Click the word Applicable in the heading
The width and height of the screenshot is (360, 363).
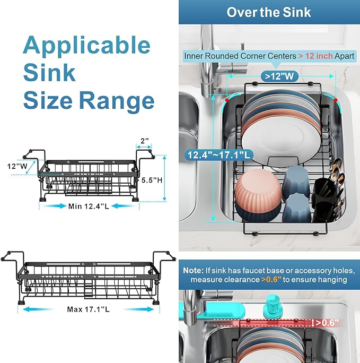86,46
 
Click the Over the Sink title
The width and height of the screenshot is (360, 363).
269,12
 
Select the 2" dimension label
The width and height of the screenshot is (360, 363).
145,142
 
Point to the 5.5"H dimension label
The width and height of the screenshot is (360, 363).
152,180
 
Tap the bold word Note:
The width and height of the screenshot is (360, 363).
194,270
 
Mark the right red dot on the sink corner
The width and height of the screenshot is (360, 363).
336,99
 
